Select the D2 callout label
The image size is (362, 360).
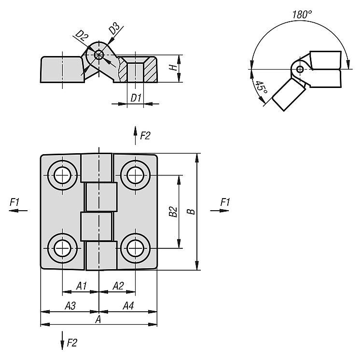81,35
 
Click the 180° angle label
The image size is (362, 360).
302,14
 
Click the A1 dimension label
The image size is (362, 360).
81,286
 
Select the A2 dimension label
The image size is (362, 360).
118,286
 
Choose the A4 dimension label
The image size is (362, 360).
128,305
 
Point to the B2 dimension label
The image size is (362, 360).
172,211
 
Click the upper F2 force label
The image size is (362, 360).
145,136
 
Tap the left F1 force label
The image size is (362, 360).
14,202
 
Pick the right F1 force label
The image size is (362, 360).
224,202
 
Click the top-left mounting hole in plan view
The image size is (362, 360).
62,175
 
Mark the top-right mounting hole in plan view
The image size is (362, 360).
135,175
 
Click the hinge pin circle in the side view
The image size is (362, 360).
99,55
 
